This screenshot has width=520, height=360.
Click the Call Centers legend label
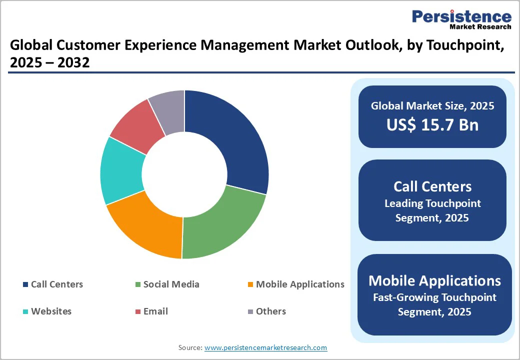[x=57, y=284]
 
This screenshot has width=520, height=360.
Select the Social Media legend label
[x=171, y=284]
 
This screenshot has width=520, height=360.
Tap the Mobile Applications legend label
[x=300, y=284]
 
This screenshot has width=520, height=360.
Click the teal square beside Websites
[x=25, y=311]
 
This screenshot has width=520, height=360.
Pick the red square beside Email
[x=137, y=311]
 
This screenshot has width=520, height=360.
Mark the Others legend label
[x=270, y=311]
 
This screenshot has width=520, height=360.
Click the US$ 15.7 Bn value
[x=432, y=124]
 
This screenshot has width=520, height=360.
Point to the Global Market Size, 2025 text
[x=432, y=105]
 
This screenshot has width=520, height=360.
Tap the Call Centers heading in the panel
[x=432, y=186]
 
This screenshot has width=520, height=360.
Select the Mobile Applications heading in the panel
[x=434, y=280]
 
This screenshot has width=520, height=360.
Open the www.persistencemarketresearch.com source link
[x=265, y=347]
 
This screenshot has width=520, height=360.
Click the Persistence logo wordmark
[x=461, y=16]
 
